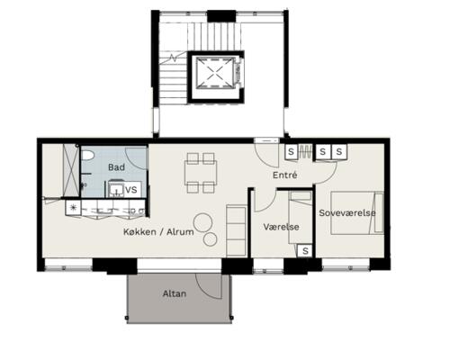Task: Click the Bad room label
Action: click(x=116, y=167)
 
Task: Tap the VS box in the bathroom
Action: click(x=131, y=190)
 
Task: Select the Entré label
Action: click(x=284, y=175)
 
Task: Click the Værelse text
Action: click(x=281, y=227)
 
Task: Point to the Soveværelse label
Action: click(x=347, y=213)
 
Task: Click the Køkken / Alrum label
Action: click(x=158, y=231)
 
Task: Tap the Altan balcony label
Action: click(x=175, y=293)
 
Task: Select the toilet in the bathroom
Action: click(x=87, y=155)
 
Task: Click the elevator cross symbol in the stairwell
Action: click(x=215, y=73)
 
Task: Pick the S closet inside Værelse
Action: click(x=305, y=250)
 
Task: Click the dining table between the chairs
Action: click(x=201, y=173)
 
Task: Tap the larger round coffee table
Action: click(x=203, y=222)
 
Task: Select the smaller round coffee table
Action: click(x=210, y=239)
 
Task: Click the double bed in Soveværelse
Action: click(x=357, y=212)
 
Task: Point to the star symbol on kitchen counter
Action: click(x=73, y=207)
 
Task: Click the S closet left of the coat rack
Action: click(x=291, y=151)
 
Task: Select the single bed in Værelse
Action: click(x=301, y=218)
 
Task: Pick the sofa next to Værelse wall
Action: click(x=237, y=230)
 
